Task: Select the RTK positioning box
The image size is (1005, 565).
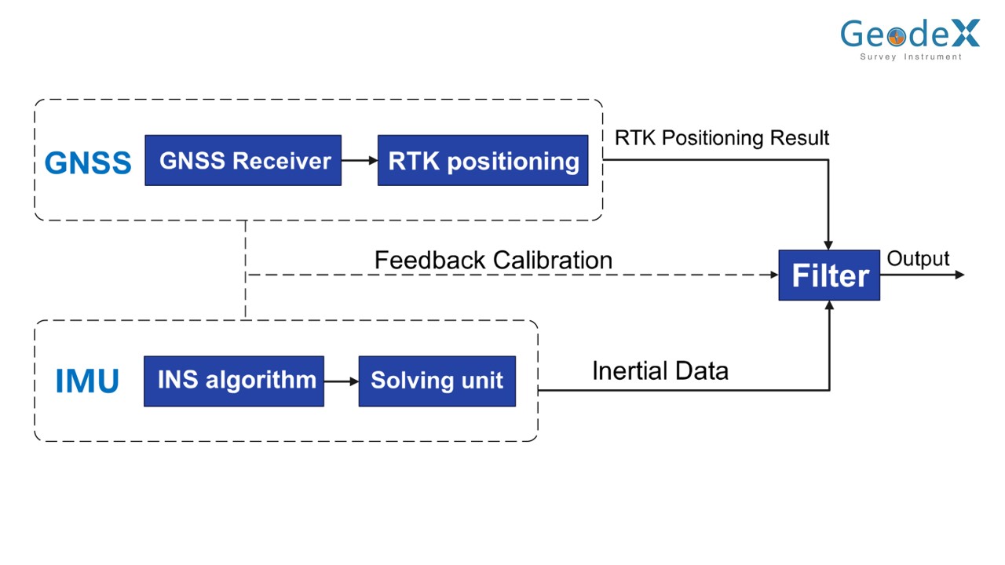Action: (x=482, y=160)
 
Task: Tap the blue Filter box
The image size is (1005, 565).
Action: (x=829, y=275)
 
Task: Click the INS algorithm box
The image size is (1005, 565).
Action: (x=233, y=381)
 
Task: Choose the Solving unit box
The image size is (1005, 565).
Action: (x=437, y=381)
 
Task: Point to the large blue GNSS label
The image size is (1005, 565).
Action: (x=88, y=162)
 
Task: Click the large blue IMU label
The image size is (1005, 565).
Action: (x=87, y=381)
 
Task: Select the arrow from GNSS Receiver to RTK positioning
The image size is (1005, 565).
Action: (x=360, y=160)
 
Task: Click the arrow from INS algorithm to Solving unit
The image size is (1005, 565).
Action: (x=341, y=381)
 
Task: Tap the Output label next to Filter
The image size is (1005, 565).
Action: (x=918, y=259)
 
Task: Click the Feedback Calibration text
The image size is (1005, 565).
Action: (x=493, y=260)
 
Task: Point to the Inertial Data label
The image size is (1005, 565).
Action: (x=660, y=370)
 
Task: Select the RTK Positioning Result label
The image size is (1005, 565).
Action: (x=722, y=138)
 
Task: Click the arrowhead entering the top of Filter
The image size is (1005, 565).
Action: (x=828, y=245)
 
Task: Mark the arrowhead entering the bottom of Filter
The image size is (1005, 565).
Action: (x=829, y=306)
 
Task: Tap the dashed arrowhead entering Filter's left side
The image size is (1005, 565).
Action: (x=773, y=275)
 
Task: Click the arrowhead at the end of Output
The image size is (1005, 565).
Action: (x=959, y=275)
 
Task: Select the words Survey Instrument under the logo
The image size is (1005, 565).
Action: (x=911, y=57)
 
